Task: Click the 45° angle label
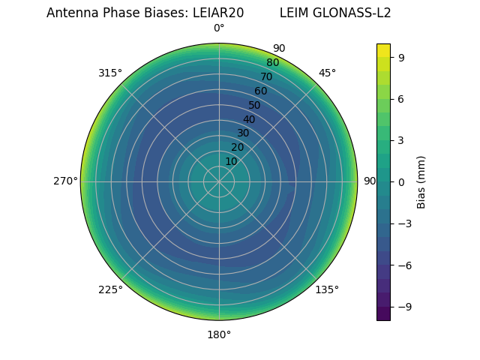(x=327, y=73)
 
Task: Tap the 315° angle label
(x=110, y=73)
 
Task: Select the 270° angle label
(x=65, y=181)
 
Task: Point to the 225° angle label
(x=110, y=290)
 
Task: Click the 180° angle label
(x=219, y=334)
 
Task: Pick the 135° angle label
(x=327, y=290)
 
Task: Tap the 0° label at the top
(x=219, y=28)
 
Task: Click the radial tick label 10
(x=231, y=161)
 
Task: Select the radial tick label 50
(x=255, y=105)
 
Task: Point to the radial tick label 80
(x=272, y=63)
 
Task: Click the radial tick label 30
(x=243, y=133)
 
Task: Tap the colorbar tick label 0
(x=402, y=181)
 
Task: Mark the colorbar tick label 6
(x=402, y=98)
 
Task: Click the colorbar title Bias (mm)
(x=421, y=182)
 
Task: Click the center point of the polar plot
(x=219, y=181)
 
